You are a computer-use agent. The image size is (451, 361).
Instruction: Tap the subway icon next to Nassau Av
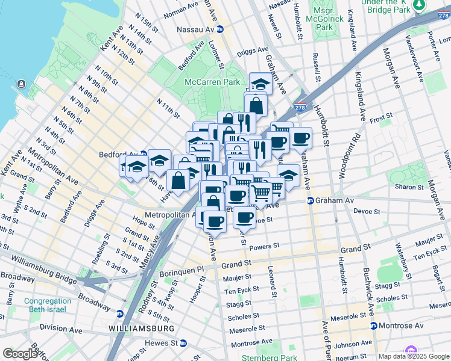(221, 29)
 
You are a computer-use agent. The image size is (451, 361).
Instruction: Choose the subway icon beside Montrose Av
(374, 326)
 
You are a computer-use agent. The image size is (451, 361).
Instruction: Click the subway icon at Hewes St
(183, 343)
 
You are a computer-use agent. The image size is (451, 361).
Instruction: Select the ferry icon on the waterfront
(22, 84)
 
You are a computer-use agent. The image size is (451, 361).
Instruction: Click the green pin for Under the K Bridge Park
(418, 5)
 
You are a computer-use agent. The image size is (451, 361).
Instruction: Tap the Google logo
(19, 353)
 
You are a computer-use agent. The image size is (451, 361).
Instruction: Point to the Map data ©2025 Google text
(414, 356)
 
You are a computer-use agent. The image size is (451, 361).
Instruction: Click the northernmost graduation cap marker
(260, 82)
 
